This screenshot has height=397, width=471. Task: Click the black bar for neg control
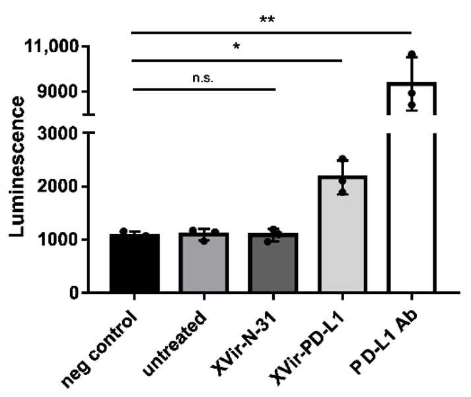pos(134,264)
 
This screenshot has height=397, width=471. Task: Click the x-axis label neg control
pos(106,340)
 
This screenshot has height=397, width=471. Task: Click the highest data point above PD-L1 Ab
pos(412,54)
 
